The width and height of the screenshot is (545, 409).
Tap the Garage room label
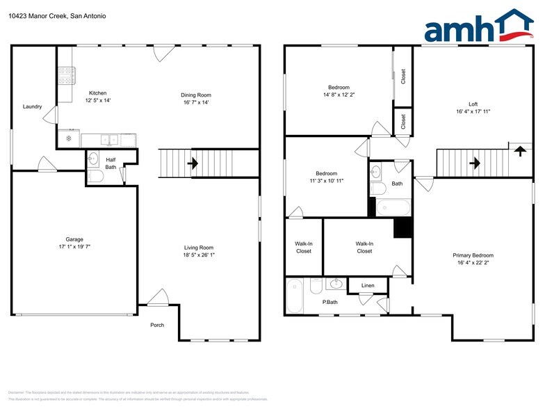coord(74,239)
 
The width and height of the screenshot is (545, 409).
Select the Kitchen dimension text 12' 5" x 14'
coord(98,100)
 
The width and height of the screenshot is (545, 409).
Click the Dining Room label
coord(196,95)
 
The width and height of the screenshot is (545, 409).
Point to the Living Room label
coord(198,248)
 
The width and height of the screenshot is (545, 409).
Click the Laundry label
coord(32,106)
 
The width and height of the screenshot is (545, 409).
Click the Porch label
coord(158,325)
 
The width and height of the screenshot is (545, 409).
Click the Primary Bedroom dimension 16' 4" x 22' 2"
coord(475,263)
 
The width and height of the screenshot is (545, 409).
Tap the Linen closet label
coord(368,286)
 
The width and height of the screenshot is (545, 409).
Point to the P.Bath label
coord(330,302)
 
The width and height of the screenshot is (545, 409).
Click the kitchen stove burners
coord(67,75)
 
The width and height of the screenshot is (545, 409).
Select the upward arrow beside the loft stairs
coord(519,150)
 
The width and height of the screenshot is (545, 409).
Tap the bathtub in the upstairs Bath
coord(393,207)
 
